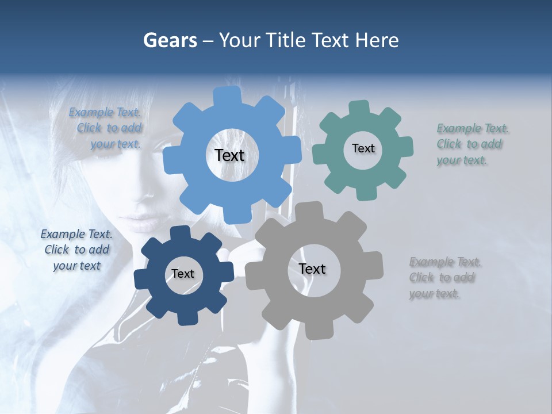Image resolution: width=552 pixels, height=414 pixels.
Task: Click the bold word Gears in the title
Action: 170,40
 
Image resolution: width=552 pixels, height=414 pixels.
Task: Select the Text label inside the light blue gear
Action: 229,155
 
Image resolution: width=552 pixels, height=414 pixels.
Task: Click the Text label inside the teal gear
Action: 363,148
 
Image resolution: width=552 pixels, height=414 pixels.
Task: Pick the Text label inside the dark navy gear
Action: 183,274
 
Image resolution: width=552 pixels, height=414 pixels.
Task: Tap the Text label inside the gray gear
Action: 312,269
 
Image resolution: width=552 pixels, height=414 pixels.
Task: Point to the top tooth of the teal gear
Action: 359,108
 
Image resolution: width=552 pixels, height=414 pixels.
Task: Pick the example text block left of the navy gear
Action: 76,250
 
